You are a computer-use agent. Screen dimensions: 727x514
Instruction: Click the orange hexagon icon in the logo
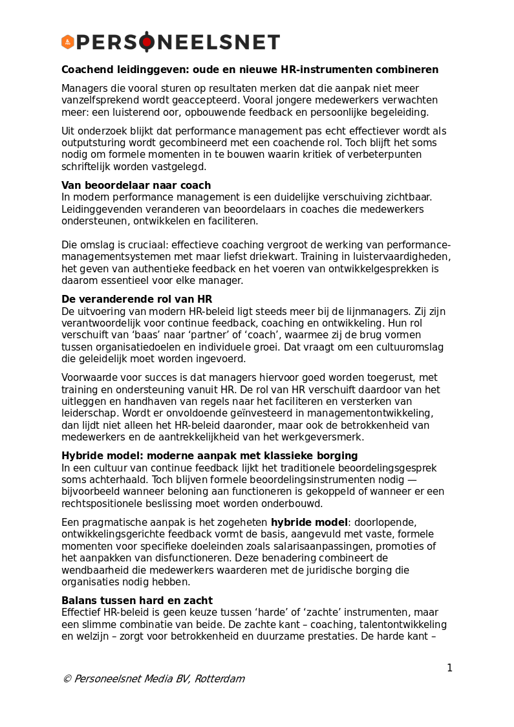[68, 42]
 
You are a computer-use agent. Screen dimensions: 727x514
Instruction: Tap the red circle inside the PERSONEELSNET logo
[147, 42]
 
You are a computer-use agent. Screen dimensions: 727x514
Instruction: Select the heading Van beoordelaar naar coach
[136, 186]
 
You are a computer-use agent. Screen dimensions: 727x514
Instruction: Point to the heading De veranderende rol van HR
[136, 299]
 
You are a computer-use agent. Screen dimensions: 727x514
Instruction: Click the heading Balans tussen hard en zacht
[136, 601]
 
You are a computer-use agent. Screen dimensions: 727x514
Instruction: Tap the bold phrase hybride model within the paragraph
[309, 523]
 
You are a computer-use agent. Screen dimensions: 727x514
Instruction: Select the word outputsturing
[92, 143]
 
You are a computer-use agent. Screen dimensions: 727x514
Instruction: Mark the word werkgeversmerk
[328, 437]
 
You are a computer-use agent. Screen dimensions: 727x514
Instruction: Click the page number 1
[449, 668]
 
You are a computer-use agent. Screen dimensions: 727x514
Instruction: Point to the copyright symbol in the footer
[67, 679]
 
